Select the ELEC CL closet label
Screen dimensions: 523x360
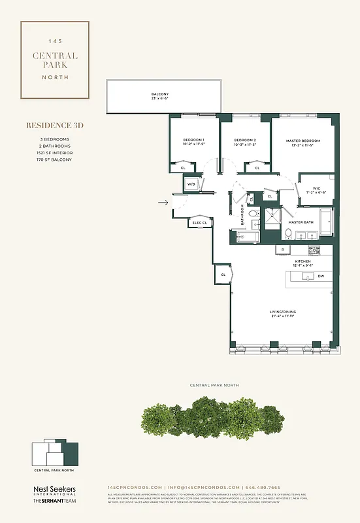coord(200,223)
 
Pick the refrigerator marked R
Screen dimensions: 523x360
coord(282,250)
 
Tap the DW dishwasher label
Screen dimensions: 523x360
coord(320,276)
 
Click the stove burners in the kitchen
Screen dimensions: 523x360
coord(313,250)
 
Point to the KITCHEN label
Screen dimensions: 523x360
coord(303,261)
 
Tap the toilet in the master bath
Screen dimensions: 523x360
coord(287,233)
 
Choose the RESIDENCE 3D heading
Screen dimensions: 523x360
coord(55,125)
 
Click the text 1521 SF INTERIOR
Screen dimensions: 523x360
coord(55,152)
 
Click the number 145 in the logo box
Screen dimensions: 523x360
coord(55,41)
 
